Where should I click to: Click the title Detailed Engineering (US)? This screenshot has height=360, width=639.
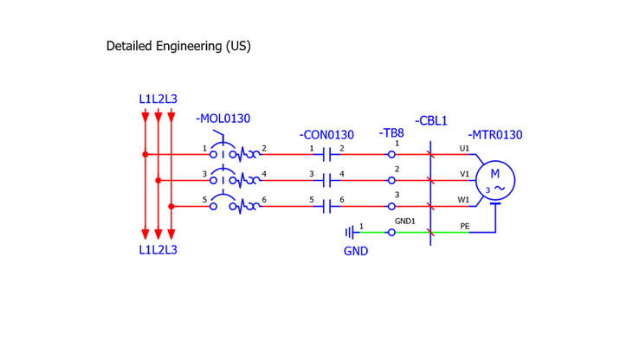pyautogui.click(x=178, y=45)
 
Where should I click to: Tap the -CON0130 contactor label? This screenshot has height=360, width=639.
pyautogui.click(x=326, y=135)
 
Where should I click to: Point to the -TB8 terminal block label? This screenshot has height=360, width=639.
pyautogui.click(x=391, y=133)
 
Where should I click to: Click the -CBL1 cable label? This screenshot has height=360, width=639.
pyautogui.click(x=431, y=121)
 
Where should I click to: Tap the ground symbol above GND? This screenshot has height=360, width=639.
pyautogui.click(x=351, y=232)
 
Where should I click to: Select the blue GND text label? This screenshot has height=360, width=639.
pyautogui.click(x=355, y=251)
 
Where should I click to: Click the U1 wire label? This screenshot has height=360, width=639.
pyautogui.click(x=464, y=148)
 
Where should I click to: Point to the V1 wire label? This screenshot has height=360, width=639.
pyautogui.click(x=464, y=174)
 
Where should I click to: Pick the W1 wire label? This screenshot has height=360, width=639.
pyautogui.click(x=464, y=200)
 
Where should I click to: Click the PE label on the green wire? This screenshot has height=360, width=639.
pyautogui.click(x=464, y=226)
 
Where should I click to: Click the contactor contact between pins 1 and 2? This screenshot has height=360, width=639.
pyautogui.click(x=327, y=155)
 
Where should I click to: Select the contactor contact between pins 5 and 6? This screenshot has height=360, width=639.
pyautogui.click(x=327, y=207)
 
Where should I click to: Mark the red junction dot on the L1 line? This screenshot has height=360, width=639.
pyautogui.click(x=145, y=155)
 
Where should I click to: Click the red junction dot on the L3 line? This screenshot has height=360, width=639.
pyautogui.click(x=171, y=207)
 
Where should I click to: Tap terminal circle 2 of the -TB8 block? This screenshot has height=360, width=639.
pyautogui.click(x=392, y=181)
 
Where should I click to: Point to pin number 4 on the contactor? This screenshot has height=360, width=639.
pyautogui.click(x=342, y=175)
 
